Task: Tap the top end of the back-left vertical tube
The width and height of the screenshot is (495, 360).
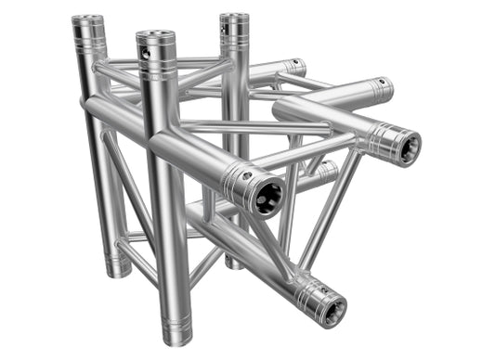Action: [88, 20]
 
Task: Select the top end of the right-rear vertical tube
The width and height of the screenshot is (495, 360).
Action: [235, 18]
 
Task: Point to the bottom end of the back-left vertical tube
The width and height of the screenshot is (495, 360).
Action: [118, 270]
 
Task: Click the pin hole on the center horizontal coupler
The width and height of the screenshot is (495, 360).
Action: [247, 173]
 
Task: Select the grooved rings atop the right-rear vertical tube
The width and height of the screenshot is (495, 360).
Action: [235, 38]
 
